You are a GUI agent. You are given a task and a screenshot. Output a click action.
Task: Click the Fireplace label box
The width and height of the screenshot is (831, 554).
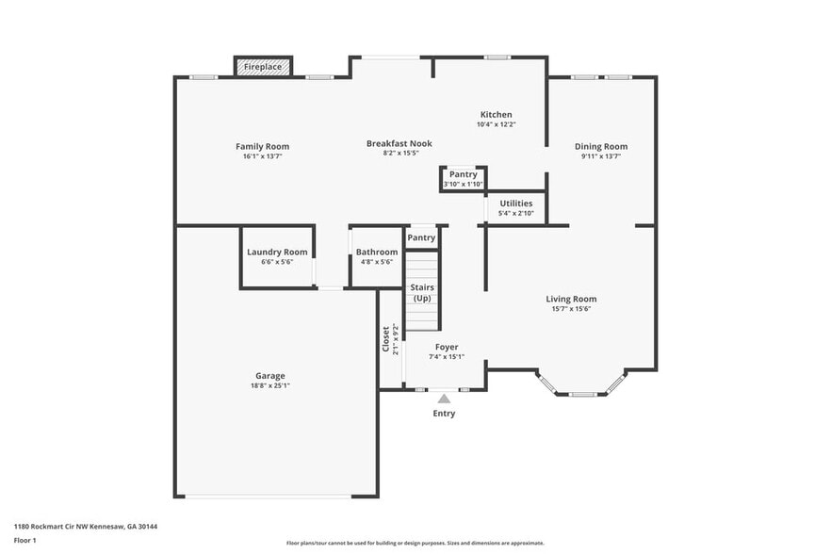[x=263, y=67]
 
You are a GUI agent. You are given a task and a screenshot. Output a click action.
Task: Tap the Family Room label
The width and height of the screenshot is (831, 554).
[x=262, y=146]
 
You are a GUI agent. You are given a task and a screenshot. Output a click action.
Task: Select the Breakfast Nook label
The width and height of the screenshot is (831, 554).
[x=399, y=143]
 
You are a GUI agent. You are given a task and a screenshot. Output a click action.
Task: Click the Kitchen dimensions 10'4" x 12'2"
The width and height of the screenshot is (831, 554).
[x=496, y=124]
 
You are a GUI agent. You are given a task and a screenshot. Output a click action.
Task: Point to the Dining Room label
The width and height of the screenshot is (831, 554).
[x=601, y=146]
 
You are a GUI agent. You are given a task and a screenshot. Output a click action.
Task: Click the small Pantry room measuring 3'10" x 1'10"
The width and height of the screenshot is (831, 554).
[x=463, y=178]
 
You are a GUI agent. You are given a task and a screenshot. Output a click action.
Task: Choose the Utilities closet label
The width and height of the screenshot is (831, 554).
[x=515, y=203]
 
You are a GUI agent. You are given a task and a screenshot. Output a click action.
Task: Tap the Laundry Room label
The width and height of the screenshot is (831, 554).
[x=277, y=252]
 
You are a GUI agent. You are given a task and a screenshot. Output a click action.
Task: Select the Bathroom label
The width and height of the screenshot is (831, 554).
[x=377, y=252]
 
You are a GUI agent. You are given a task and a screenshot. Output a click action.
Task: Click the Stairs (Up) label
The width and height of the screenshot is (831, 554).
[x=421, y=292]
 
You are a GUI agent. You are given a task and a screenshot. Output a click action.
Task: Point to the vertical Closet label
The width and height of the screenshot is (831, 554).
[x=386, y=339]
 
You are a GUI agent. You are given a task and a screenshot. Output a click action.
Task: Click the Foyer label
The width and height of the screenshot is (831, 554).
[x=447, y=347]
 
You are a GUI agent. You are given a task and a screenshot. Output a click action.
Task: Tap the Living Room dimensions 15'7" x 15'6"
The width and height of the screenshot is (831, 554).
[x=571, y=308]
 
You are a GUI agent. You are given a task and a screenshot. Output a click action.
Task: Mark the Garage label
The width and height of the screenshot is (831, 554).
[x=270, y=375]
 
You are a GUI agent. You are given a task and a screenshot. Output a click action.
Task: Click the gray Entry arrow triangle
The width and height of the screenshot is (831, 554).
[x=444, y=399]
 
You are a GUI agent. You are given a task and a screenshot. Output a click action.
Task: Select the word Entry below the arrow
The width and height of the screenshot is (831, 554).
[x=444, y=414]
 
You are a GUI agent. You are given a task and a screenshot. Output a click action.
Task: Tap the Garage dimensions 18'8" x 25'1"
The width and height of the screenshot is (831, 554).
[x=270, y=385]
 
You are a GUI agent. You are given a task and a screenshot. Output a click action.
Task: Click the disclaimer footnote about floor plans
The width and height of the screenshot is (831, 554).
[x=415, y=543]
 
